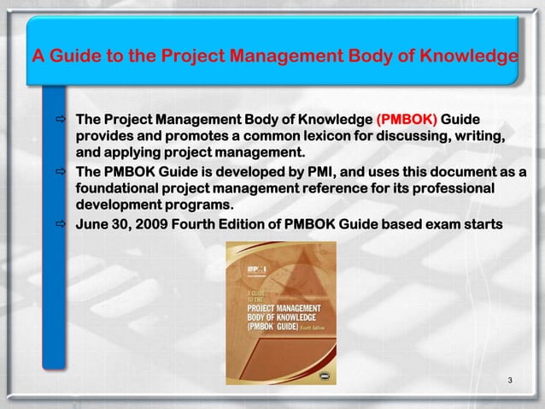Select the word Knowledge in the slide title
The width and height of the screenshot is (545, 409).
[468, 57]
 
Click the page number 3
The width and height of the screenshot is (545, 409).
[509, 379]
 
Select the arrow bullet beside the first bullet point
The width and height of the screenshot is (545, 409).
[59, 118]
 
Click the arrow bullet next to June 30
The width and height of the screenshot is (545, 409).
[59, 224]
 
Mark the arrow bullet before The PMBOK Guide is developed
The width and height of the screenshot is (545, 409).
[59, 171]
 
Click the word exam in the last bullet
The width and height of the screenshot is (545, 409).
[442, 224]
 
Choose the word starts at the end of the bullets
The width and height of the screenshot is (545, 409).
[486, 224]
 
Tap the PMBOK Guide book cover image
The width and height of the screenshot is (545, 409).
[281, 300]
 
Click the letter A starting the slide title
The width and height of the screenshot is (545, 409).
[38, 57]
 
